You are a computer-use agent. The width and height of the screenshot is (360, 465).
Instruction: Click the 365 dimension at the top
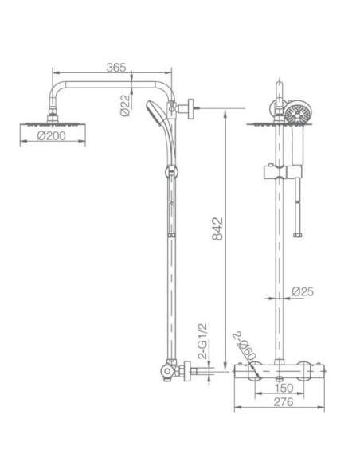click(x=116, y=69)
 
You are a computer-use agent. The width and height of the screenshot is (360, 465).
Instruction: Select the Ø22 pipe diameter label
click(x=125, y=104)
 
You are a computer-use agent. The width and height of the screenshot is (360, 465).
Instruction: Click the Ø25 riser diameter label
click(x=303, y=291)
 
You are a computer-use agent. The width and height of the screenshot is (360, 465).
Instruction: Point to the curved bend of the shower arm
click(x=57, y=91)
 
